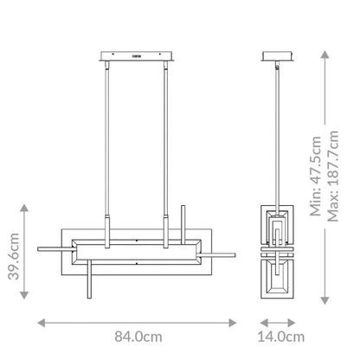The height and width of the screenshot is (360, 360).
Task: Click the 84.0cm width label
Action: pyautogui.click(x=138, y=337)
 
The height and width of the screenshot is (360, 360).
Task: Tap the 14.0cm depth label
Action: pyautogui.click(x=281, y=337)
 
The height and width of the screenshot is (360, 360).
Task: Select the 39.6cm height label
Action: pyautogui.click(x=14, y=256)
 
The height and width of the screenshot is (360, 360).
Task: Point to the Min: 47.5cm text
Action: pyautogui.click(x=316, y=176)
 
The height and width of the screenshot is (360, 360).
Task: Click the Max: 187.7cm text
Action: pyautogui.click(x=332, y=176)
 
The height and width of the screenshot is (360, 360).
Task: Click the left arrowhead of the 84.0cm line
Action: pyautogui.click(x=42, y=323)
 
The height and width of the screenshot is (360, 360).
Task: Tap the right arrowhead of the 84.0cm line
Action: pyautogui.click(x=233, y=323)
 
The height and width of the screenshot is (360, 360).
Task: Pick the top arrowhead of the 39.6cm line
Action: pyautogui.click(x=24, y=208)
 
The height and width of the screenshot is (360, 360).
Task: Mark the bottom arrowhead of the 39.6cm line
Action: pyautogui.click(x=24, y=295)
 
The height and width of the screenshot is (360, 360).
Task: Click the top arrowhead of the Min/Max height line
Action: pyautogui.click(x=325, y=55)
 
